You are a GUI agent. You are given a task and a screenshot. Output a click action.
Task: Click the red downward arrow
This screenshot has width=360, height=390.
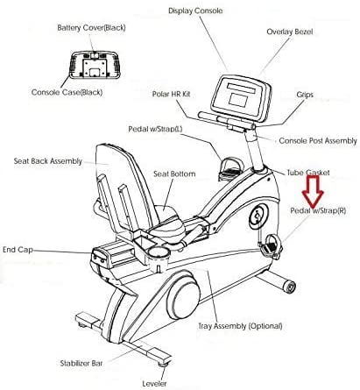313,191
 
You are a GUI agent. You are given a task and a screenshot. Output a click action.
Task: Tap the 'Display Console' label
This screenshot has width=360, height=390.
195,11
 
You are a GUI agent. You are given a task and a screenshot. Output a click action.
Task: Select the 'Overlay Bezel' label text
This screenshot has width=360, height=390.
290,32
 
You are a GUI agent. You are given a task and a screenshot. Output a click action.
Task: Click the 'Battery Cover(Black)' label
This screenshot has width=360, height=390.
91,28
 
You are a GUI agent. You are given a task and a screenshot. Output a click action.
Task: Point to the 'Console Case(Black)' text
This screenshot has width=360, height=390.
67,92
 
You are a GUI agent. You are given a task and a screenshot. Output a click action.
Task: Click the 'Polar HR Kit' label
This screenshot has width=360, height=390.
171,94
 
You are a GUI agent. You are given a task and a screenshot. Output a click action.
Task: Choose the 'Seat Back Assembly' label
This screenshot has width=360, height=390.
48,161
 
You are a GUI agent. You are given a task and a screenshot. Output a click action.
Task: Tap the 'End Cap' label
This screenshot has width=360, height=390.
18,250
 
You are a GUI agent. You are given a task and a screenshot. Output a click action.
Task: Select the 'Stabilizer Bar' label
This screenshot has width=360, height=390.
81,364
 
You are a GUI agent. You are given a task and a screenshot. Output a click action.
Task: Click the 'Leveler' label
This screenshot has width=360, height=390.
154,383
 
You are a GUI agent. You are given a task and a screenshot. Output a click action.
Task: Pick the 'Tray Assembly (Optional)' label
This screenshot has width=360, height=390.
240,326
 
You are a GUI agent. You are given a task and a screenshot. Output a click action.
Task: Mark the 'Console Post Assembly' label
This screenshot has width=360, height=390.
318,141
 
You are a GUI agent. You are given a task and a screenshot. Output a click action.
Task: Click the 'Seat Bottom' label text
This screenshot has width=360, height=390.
174,174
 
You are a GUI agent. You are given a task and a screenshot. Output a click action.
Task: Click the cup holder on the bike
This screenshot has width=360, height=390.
158,255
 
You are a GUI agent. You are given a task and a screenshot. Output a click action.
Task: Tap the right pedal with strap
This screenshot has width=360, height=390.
271,247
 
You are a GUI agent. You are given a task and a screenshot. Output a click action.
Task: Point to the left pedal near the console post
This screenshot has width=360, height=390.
229,168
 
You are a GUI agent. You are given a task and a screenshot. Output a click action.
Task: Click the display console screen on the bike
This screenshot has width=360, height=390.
241,97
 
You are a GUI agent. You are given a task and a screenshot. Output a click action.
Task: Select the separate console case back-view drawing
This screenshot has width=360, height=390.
95,65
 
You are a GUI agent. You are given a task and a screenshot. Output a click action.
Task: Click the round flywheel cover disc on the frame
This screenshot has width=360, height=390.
183,295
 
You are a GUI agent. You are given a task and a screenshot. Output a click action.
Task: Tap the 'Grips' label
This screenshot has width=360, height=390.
305,95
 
